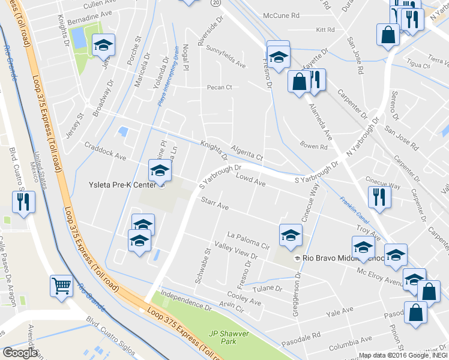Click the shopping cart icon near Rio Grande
click(61, 285)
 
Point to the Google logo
click(20, 353)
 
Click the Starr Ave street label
click(215, 205)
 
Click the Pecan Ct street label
click(219, 88)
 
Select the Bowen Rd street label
click(314, 145)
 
